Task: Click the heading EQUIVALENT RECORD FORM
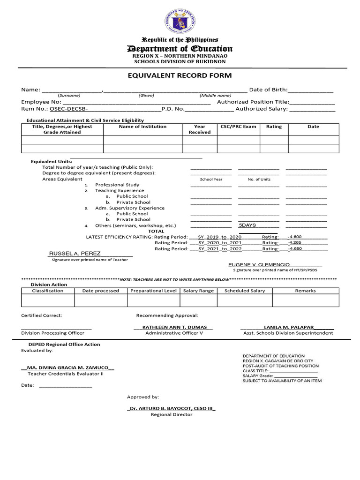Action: [x=180, y=75]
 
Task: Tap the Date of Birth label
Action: [x=268, y=90]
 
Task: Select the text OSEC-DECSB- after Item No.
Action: [x=69, y=109]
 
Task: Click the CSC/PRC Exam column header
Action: [x=238, y=127]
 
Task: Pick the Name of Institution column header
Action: [x=142, y=127]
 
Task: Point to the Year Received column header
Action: [x=200, y=129]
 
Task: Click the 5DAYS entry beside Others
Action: [x=247, y=225]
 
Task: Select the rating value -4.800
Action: [x=294, y=237]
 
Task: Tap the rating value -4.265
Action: [x=294, y=243]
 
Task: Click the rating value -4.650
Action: [x=294, y=249]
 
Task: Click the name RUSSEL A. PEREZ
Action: [x=75, y=254]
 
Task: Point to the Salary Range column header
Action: [x=198, y=291]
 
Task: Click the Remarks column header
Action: [x=305, y=291]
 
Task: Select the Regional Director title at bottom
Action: [x=171, y=414]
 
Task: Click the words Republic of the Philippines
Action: [x=180, y=40]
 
